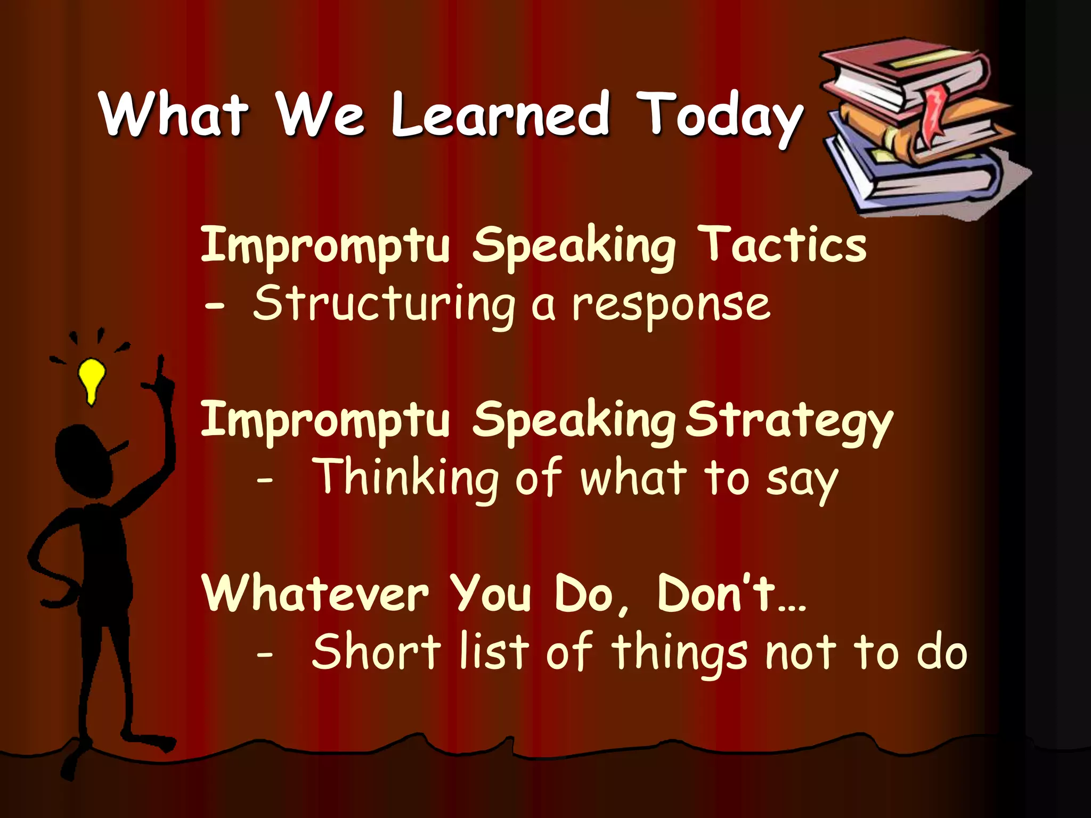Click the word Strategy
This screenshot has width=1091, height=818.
(x=788, y=421)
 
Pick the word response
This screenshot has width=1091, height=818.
(x=671, y=306)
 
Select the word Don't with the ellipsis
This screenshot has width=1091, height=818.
(x=730, y=594)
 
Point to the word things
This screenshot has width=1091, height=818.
(x=679, y=652)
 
